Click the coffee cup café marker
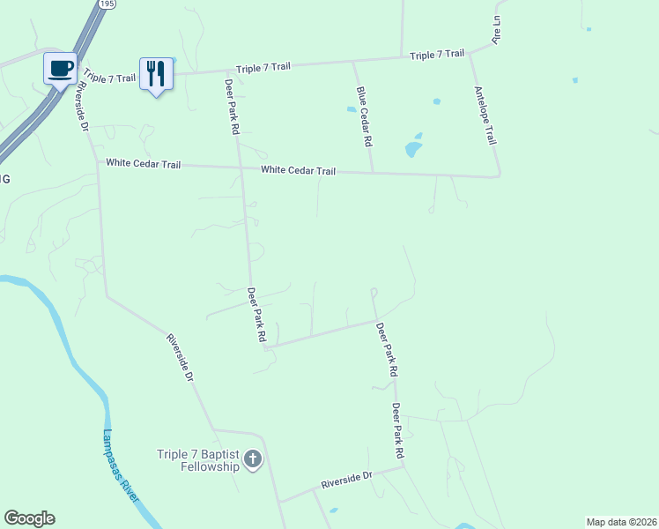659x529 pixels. (60, 68)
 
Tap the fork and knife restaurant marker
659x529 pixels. (156, 73)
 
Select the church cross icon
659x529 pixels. (253, 459)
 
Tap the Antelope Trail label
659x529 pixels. (485, 115)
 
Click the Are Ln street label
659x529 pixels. (497, 34)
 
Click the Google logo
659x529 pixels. (29, 518)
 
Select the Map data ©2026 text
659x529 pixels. (621, 522)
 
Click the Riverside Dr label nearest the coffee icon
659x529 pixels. (84, 107)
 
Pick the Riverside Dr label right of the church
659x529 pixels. (347, 480)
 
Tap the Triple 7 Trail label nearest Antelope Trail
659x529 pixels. (437, 55)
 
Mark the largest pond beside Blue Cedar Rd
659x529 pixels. (413, 147)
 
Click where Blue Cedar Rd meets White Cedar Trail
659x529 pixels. (373, 173)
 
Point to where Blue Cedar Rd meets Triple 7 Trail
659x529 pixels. (353, 62)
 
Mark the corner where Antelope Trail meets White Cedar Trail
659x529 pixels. (499, 175)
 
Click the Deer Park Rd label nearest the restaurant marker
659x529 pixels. (232, 105)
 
